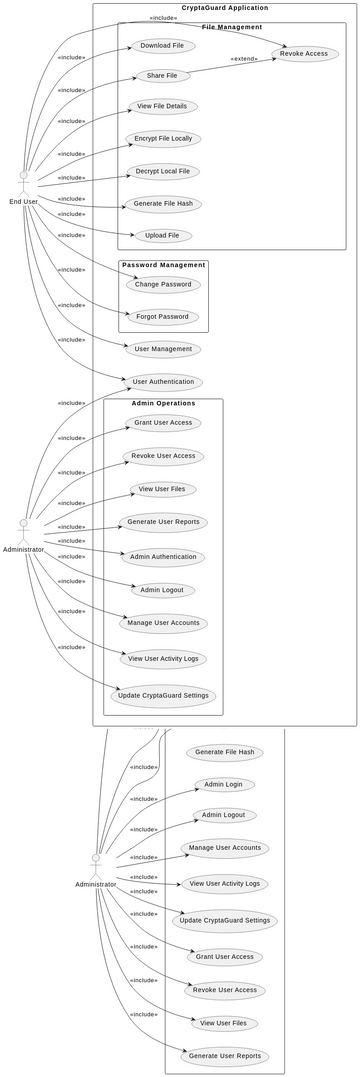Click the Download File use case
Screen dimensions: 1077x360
point(162,45)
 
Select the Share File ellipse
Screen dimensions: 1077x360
point(162,75)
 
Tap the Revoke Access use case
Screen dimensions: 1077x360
point(303,53)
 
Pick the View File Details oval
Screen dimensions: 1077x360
point(162,106)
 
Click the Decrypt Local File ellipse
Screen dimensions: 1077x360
point(162,171)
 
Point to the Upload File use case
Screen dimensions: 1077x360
point(162,235)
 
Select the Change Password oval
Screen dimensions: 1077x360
point(162,285)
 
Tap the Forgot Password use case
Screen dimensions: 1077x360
point(162,316)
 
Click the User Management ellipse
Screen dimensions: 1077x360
point(162,349)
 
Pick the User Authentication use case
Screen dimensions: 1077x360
point(162,381)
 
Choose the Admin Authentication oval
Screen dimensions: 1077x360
point(162,556)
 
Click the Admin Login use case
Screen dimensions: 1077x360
point(223,784)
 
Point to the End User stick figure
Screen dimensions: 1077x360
point(24,184)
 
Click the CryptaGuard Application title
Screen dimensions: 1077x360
point(224,8)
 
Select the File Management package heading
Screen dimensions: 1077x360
point(232,27)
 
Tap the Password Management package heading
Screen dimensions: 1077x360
point(163,265)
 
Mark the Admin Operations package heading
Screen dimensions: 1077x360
point(163,403)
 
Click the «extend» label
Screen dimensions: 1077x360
point(244,59)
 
